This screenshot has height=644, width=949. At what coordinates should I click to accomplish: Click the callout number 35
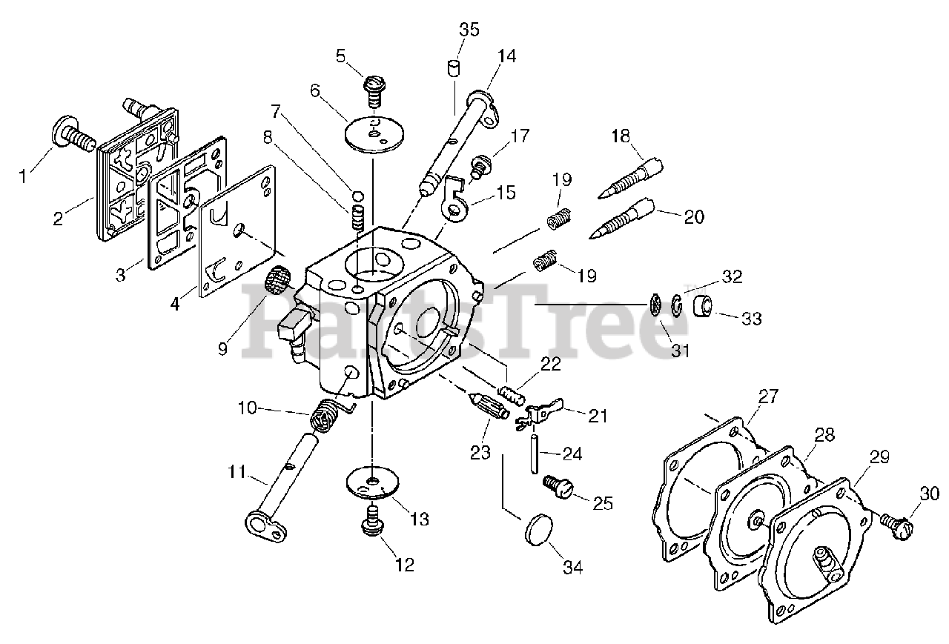tap(469, 30)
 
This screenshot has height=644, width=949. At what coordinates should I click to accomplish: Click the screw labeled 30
tap(896, 522)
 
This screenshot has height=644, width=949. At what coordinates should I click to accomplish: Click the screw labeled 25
tap(560, 487)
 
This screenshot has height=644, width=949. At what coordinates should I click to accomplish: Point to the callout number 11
tap(236, 470)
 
